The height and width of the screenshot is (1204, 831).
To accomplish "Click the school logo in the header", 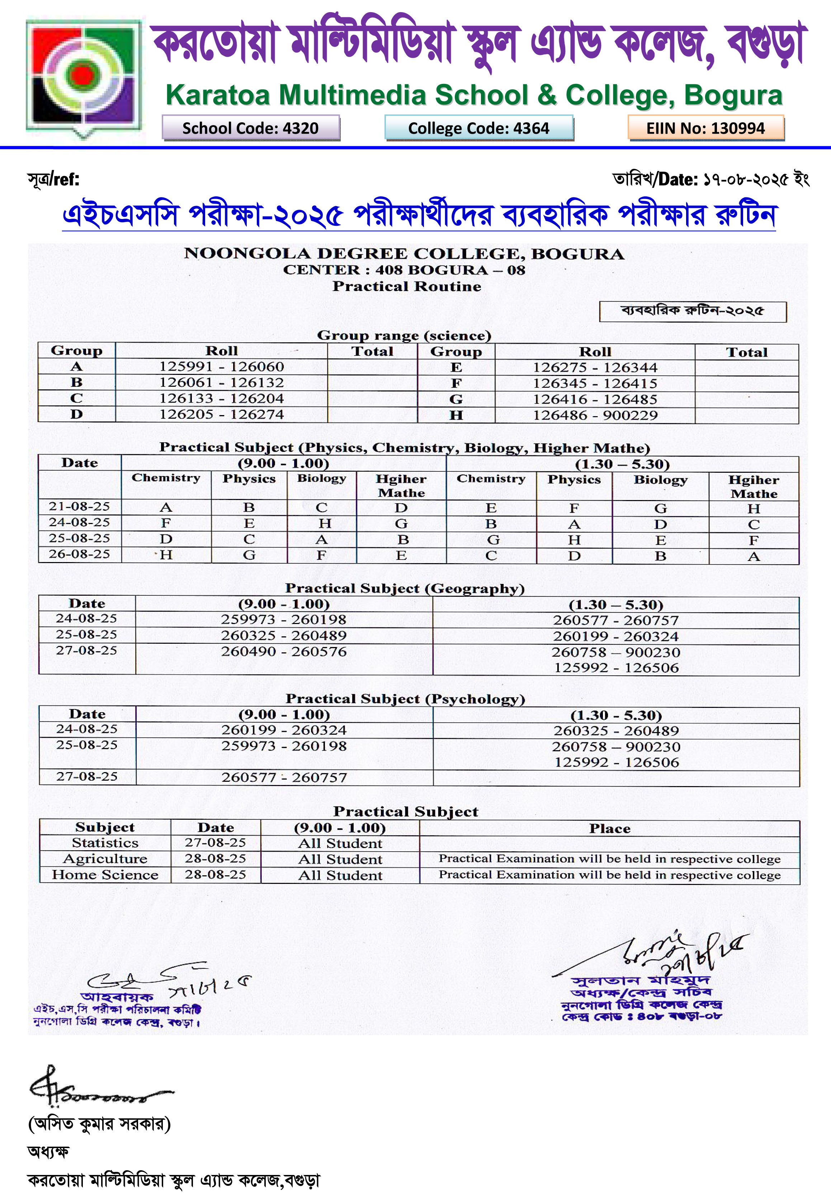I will coord(83,77).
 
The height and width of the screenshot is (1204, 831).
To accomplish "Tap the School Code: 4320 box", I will coord(250,128).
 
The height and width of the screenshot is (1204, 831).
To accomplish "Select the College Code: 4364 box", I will coord(478,128).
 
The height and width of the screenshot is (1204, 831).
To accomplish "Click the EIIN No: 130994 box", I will coord(705,128).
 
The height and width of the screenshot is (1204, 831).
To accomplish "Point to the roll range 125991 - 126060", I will coord(221,367).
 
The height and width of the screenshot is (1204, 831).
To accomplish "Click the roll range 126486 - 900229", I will coord(595,415).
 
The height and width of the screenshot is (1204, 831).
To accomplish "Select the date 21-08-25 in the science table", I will coord(79,506).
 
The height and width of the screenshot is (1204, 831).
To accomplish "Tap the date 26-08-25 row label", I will coord(79,554).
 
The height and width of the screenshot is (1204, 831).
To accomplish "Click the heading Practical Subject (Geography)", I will coord(405,589).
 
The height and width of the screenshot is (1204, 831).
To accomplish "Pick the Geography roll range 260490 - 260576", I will coord(284,651).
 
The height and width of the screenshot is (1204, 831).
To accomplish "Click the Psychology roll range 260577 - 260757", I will coord(284,777).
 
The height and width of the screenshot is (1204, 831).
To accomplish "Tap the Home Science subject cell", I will coord(105,875).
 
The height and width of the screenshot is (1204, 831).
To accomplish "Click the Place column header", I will coord(609,828).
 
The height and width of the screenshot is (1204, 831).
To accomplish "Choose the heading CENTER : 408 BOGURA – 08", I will coord(404,270).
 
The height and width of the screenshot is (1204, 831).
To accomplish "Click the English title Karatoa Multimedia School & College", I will coord(474,95).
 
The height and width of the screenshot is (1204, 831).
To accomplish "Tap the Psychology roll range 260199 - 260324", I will coord(284,730).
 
